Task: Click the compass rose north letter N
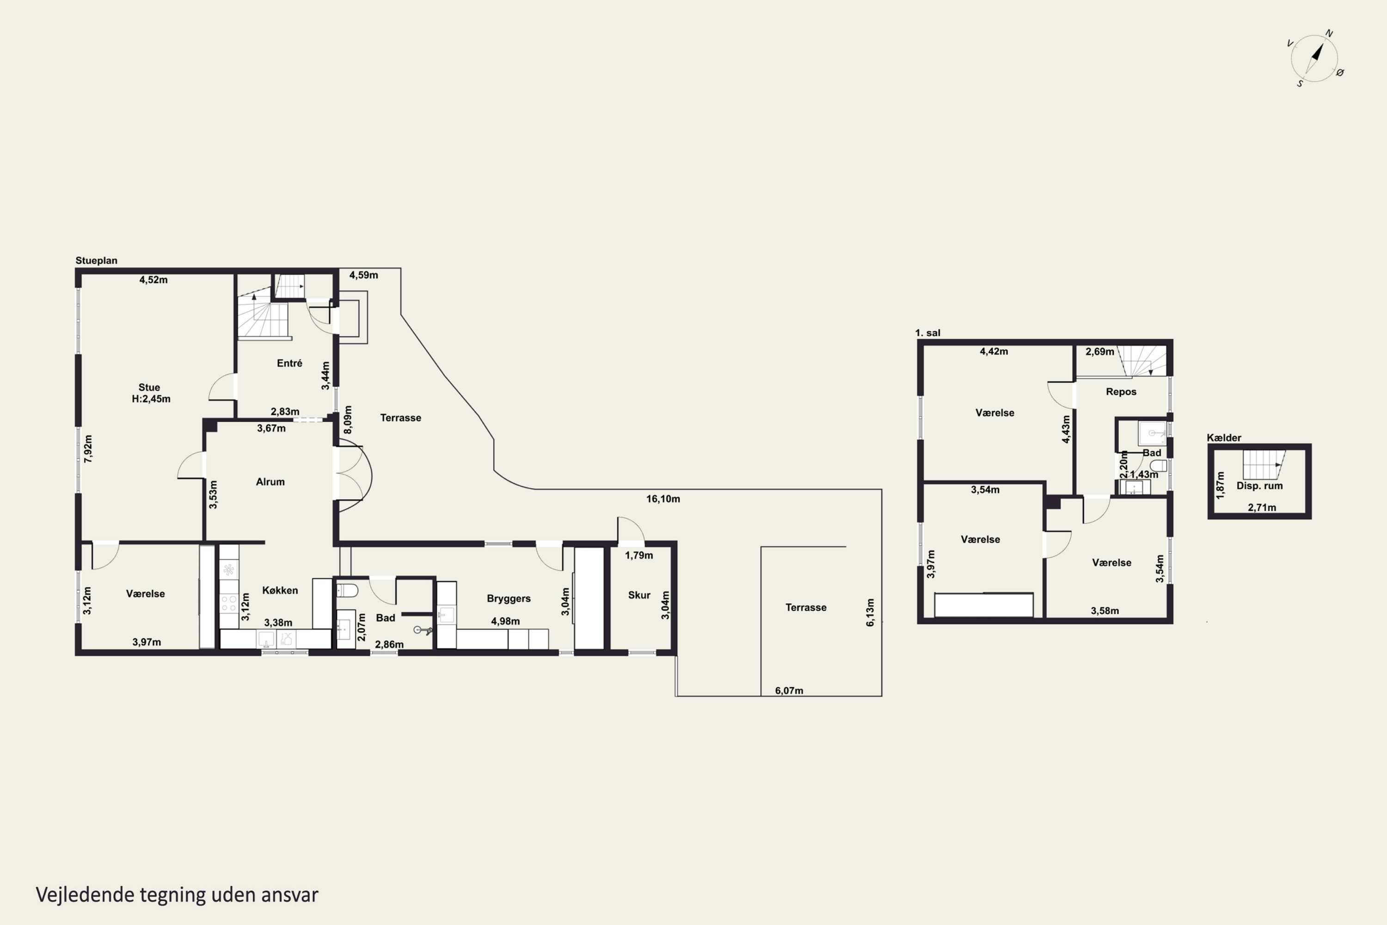(1329, 34)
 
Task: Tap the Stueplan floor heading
(96, 260)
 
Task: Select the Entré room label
(289, 363)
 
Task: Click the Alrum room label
(270, 481)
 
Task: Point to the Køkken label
(280, 590)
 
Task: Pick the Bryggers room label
(508, 598)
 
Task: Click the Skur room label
(639, 595)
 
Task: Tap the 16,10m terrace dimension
(663, 499)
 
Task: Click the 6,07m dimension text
(789, 690)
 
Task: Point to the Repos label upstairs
(1121, 391)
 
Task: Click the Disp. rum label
(1259, 486)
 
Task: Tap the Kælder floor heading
(1224, 437)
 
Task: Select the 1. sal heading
(927, 333)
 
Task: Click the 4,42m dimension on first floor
(994, 351)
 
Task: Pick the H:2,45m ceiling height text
(151, 399)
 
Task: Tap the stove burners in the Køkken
(229, 604)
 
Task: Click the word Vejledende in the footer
(85, 894)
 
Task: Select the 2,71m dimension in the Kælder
(1262, 507)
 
